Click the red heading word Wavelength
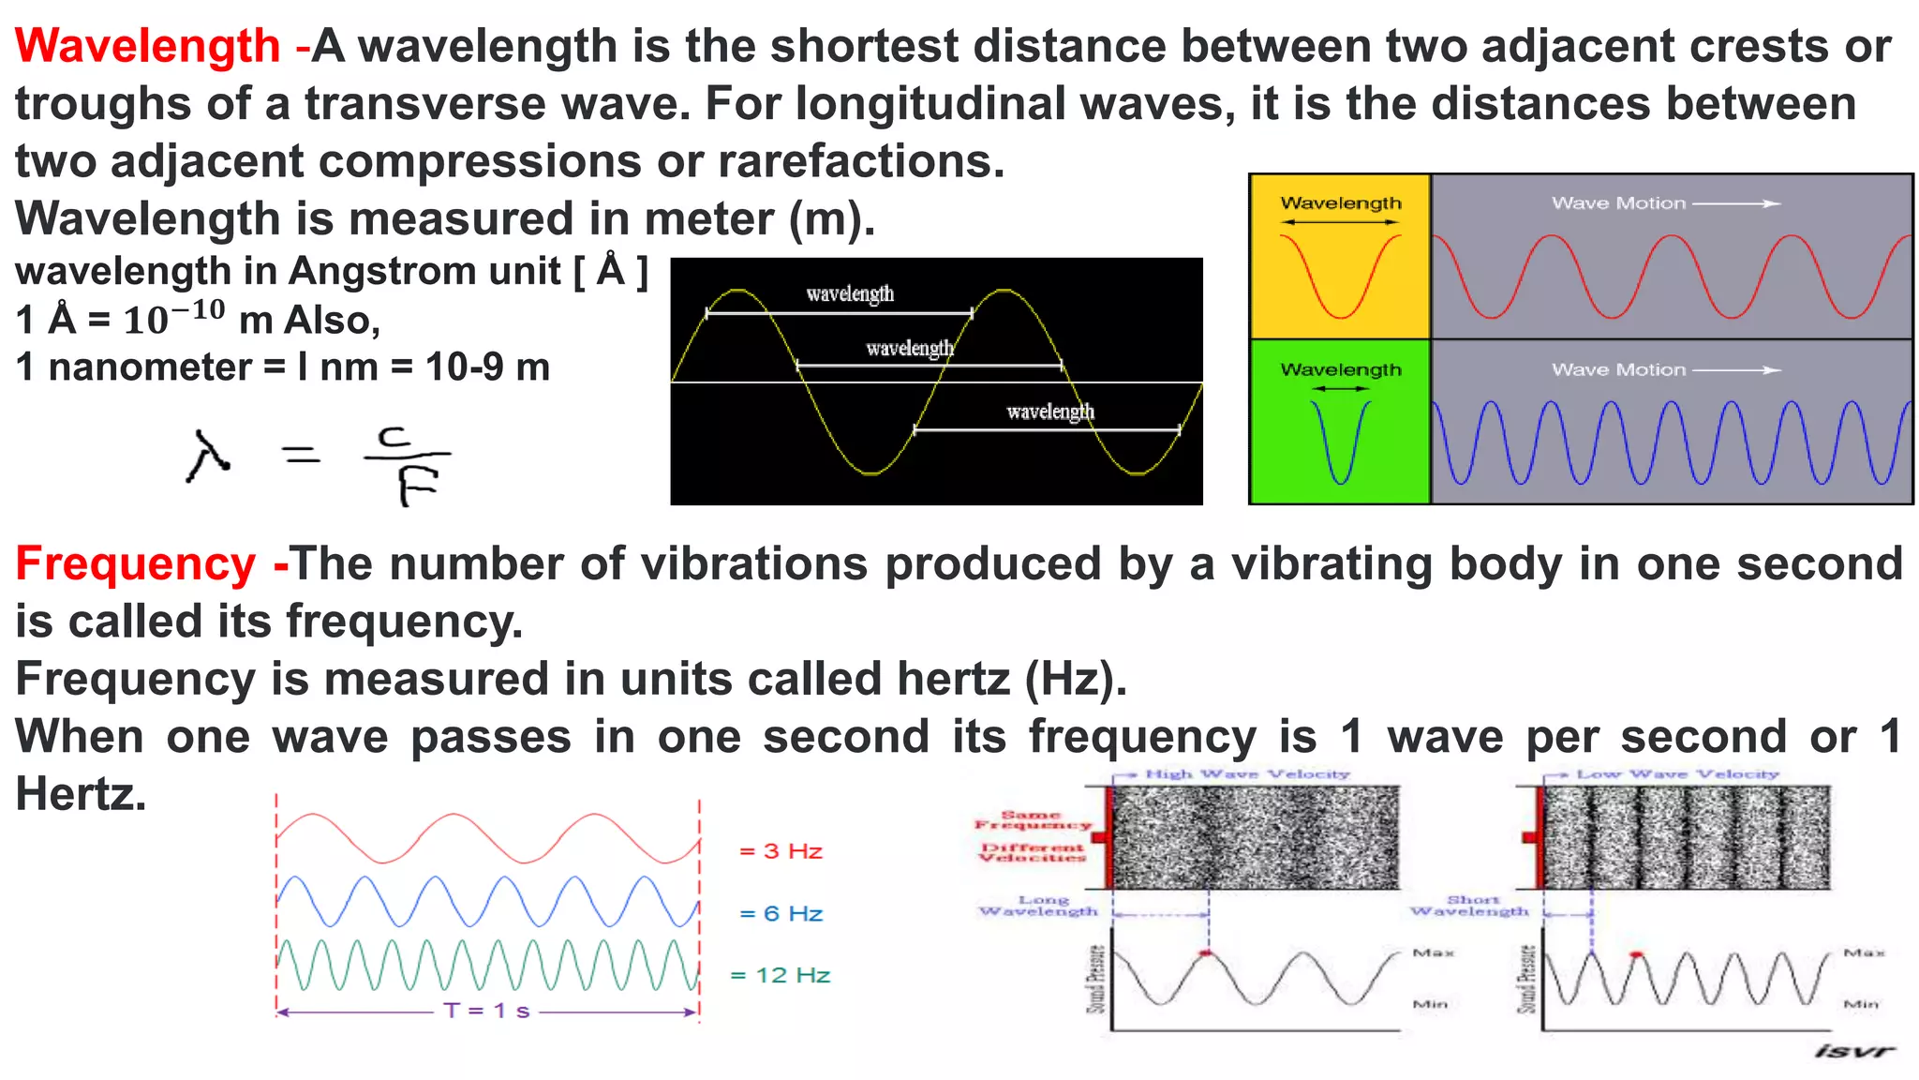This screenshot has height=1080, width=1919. [x=147, y=46]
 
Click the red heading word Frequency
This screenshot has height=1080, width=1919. [x=135, y=564]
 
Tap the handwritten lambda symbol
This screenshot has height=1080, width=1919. [x=208, y=457]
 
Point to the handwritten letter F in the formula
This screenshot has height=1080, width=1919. [x=415, y=486]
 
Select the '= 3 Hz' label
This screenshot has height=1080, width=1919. [x=781, y=851]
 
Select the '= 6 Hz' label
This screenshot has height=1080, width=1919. [x=781, y=914]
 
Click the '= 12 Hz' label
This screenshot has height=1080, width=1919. [x=780, y=976]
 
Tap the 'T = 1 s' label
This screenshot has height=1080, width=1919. [x=486, y=1011]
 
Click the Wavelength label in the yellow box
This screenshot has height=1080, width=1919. [x=1341, y=203]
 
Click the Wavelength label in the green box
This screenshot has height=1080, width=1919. [x=1341, y=370]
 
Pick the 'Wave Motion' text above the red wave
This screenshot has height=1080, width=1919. [x=1618, y=203]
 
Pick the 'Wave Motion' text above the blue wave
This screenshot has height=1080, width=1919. [x=1618, y=370]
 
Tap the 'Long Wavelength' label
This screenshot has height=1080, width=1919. [x=1039, y=906]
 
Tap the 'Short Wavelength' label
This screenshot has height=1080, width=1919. [x=1470, y=906]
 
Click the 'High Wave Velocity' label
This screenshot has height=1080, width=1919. [x=1247, y=774]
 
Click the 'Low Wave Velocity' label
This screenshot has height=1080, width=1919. [x=1676, y=774]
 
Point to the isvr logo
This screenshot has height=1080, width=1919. [x=1853, y=1051]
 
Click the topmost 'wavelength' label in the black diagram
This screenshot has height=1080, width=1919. [x=850, y=294]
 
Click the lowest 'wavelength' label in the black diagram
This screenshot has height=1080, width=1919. [x=1050, y=412]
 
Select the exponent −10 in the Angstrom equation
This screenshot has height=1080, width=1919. [x=198, y=309]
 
